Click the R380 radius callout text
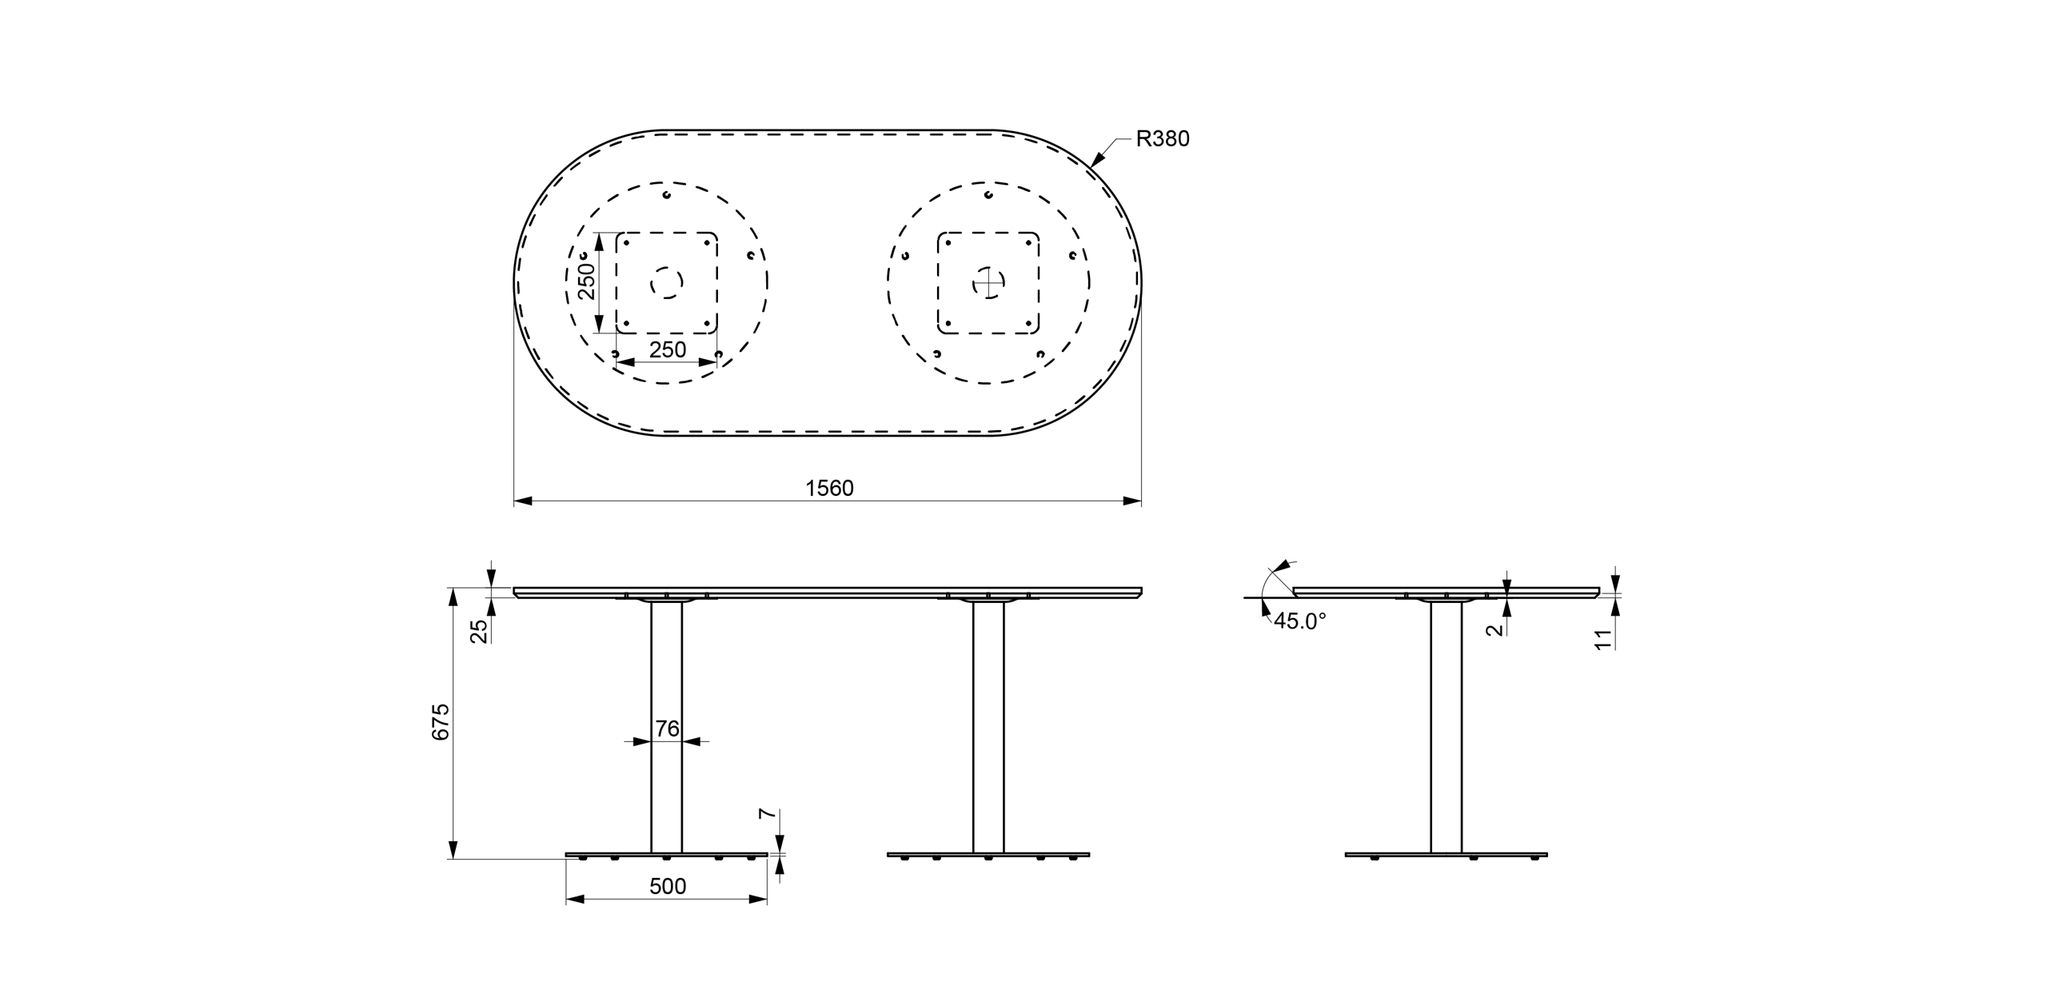coord(1163,139)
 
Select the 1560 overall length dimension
coord(829,489)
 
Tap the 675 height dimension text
coord(441,722)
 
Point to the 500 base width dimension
coord(668,886)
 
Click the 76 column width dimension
coord(667,729)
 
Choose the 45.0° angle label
coord(1299,621)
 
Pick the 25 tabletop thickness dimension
coord(479,632)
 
